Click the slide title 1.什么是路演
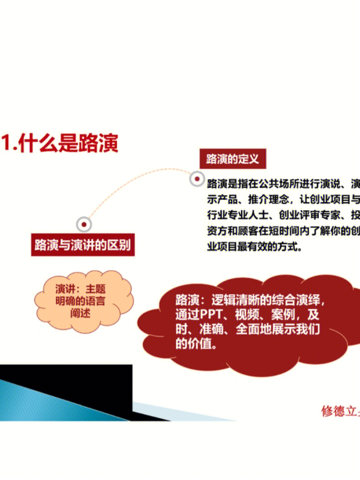[60, 142]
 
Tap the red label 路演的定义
[232, 159]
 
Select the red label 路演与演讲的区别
[83, 245]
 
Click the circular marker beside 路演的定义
[197, 179]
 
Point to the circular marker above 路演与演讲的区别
[84, 224]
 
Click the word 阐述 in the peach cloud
[80, 313]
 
